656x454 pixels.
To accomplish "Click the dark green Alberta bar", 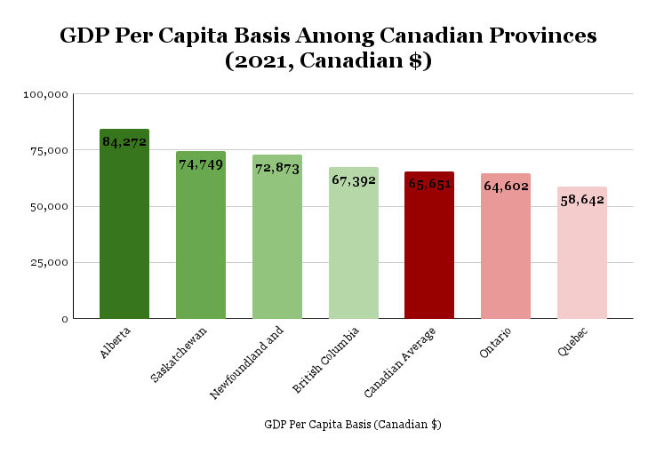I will (x=124, y=227).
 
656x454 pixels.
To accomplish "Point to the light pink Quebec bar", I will (x=582, y=258).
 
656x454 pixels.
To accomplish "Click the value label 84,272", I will (x=124, y=141).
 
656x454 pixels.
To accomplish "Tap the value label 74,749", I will (x=201, y=164).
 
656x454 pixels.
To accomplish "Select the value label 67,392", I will (x=354, y=179).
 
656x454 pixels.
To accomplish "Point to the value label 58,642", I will (x=582, y=200).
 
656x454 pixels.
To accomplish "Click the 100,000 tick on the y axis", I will (x=45, y=94).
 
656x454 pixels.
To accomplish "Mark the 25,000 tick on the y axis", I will (x=49, y=263).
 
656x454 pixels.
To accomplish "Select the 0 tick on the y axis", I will (x=63, y=319).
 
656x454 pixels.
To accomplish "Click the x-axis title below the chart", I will (x=353, y=425).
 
